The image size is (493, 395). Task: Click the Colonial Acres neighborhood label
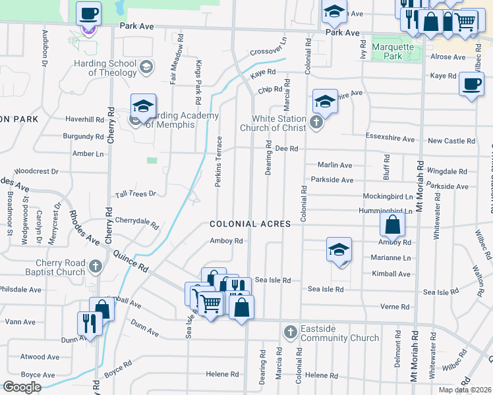point(250,224)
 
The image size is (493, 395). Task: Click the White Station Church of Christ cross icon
point(316,123)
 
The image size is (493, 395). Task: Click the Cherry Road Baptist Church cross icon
point(96,267)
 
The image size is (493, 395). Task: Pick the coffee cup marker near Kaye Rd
point(471,85)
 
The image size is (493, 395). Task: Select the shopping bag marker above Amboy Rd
point(392,225)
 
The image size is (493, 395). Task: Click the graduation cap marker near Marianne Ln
point(339,250)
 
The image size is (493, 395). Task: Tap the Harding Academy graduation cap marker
point(142,106)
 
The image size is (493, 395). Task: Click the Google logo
point(22,386)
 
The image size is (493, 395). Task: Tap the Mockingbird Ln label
point(388,196)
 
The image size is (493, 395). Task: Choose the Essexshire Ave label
point(390,140)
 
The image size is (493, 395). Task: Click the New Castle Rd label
point(451,141)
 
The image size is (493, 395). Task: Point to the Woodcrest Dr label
point(36,171)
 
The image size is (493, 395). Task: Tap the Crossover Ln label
point(269,46)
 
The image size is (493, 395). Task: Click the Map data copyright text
point(465,390)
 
